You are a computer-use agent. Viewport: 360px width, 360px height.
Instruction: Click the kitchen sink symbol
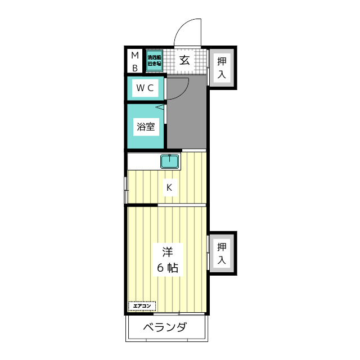click(170, 161)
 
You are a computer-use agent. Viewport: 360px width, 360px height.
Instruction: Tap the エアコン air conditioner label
click(142, 306)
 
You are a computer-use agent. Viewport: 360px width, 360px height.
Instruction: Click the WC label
click(145, 88)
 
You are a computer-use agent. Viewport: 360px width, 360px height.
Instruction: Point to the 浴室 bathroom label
click(145, 127)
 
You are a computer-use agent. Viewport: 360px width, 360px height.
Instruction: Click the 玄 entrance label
click(184, 60)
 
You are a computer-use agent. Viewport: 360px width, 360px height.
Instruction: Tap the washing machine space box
click(155, 61)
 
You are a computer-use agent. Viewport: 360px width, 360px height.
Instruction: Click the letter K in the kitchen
click(168, 187)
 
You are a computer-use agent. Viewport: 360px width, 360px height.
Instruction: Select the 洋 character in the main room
click(166, 251)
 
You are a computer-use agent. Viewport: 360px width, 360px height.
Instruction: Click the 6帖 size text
click(166, 268)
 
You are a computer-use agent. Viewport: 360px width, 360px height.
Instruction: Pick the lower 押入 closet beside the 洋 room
click(222, 253)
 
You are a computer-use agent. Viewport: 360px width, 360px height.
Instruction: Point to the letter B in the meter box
click(135, 68)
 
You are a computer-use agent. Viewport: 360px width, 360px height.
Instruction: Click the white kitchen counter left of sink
click(144, 161)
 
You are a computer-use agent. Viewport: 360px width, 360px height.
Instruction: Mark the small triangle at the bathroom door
click(159, 106)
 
